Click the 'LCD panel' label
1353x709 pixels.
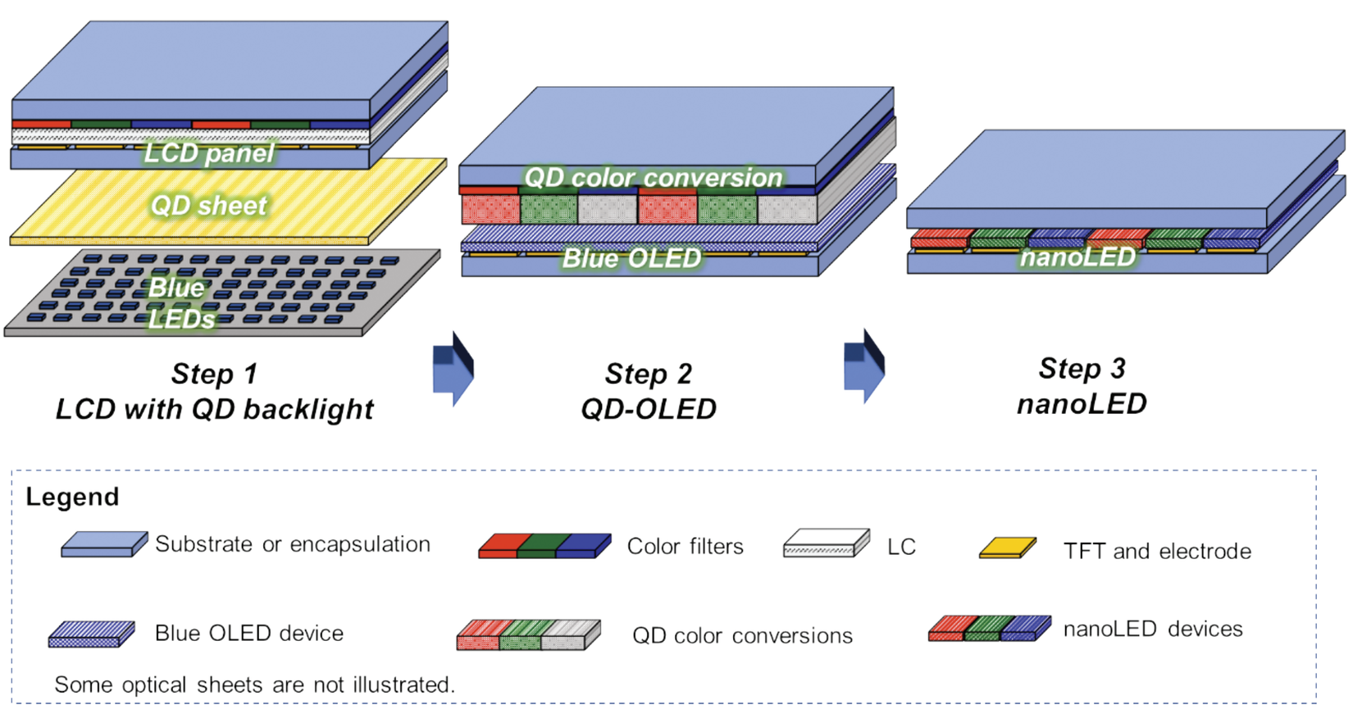pos(209,153)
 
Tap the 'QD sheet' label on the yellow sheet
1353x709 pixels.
pos(209,205)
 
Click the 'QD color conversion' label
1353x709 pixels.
pos(653,177)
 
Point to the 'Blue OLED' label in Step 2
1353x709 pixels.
pos(631,258)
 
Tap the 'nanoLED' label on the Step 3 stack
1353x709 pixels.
pos(1077,257)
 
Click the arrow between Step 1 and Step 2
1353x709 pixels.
pos(453,369)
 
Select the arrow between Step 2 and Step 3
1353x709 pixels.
pos(864,366)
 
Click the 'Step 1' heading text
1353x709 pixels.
pos(214,374)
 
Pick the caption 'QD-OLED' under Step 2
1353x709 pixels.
pos(648,408)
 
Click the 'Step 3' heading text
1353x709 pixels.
pos(1082,368)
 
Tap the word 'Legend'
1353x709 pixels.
pos(72,497)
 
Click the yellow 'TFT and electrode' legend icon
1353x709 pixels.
pos(1008,548)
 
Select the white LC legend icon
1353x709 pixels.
pos(826,543)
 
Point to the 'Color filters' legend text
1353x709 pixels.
pos(685,547)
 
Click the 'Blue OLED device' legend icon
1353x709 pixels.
pos(91,634)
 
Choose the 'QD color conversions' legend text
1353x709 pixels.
pos(742,636)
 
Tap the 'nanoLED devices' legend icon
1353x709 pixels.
pos(989,629)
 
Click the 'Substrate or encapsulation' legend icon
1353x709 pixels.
pos(104,544)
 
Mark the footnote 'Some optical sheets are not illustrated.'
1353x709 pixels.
pos(254,685)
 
